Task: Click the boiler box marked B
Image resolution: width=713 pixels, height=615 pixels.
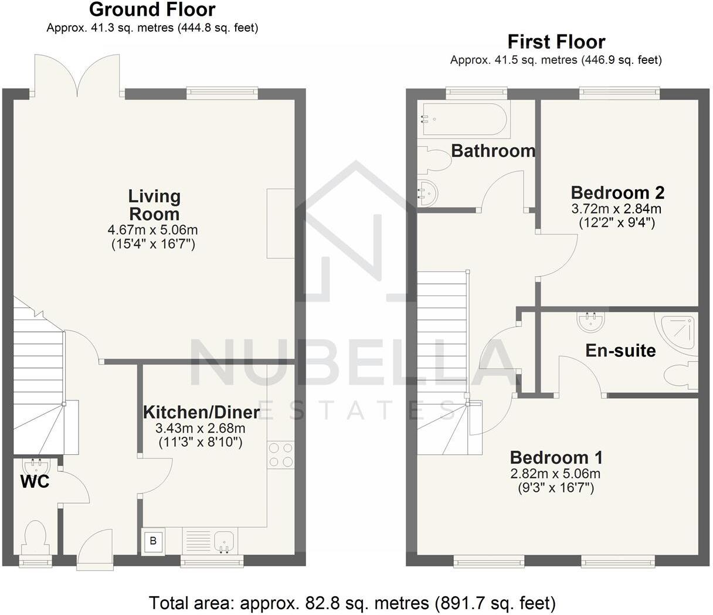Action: tap(153, 541)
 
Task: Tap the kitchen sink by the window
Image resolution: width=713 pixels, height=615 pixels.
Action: tap(224, 541)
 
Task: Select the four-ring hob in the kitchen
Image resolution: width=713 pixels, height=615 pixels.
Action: tap(280, 455)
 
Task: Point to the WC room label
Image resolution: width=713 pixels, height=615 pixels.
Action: tap(35, 483)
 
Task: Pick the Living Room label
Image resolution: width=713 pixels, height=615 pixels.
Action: tap(154, 205)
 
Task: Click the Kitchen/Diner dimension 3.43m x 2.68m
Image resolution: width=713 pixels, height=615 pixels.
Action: tap(200, 429)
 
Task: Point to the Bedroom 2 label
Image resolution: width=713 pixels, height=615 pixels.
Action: tap(617, 192)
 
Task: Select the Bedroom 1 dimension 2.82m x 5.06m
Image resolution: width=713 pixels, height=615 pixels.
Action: tap(555, 474)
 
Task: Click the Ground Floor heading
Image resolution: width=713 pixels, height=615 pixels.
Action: tap(152, 10)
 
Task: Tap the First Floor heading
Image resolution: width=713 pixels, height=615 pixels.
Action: tap(556, 42)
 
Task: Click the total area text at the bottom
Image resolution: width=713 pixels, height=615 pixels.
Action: tap(352, 603)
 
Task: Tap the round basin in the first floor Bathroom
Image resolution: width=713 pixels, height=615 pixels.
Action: tap(427, 193)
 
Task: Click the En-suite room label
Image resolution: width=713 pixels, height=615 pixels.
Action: tap(620, 351)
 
